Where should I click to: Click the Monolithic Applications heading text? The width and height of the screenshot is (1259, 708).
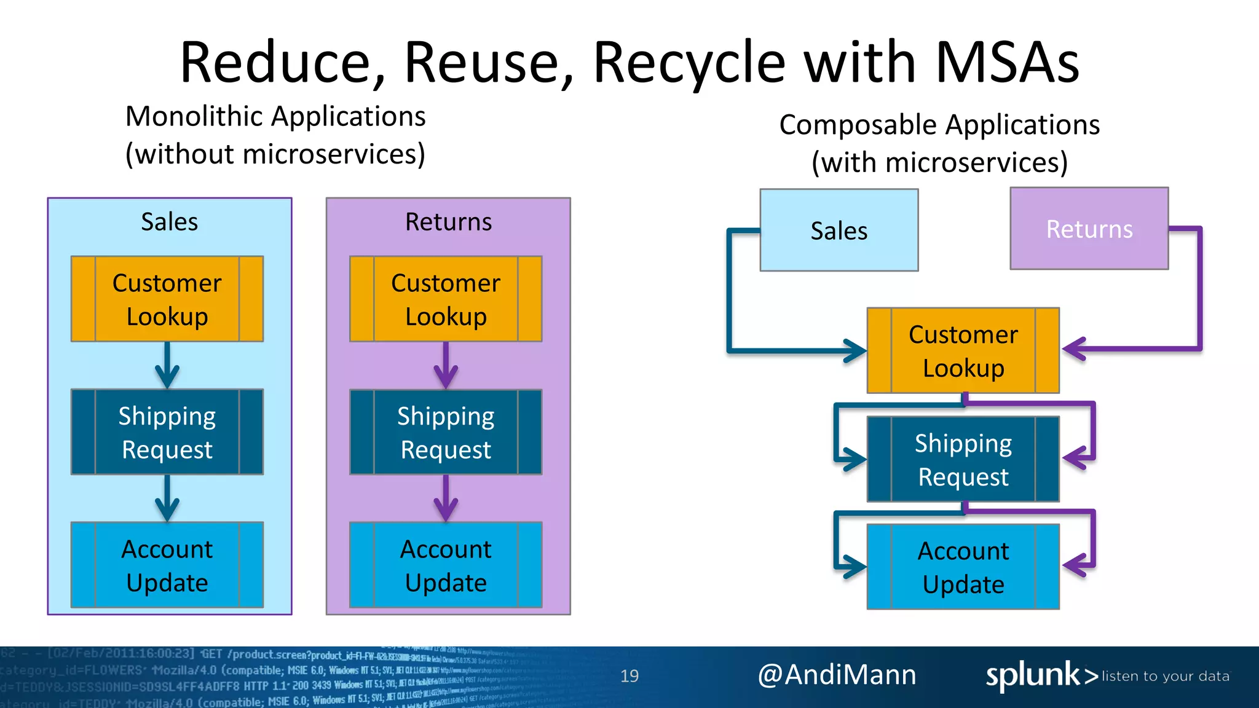[275, 116]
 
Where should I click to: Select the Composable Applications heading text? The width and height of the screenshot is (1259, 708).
[939, 125]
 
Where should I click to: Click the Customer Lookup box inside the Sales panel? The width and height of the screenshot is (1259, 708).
[167, 299]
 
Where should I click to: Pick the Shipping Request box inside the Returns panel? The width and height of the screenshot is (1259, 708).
[446, 432]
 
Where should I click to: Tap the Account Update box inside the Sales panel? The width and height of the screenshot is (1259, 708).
[167, 565]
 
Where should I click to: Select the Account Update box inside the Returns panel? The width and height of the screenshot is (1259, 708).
[446, 565]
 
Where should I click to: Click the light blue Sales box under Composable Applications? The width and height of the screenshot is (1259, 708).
[839, 230]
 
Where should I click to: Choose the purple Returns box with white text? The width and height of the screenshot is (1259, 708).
[1089, 229]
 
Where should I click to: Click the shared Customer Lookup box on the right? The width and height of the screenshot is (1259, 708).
[963, 351]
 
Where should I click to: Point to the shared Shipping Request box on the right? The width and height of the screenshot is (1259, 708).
[963, 460]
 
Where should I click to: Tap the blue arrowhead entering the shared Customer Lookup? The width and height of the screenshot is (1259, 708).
[856, 351]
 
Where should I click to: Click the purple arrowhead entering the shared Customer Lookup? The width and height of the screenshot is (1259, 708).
[1073, 349]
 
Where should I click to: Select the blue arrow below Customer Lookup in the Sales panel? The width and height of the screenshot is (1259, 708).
[167, 366]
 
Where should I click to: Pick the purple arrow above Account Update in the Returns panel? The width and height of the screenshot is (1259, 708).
[446, 500]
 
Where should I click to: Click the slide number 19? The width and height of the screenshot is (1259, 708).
[629, 676]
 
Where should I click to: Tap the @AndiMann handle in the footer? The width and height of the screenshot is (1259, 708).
[837, 675]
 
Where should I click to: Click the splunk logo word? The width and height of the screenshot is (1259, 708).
[1032, 675]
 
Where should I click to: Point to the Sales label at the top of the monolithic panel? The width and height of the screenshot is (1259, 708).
[169, 222]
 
